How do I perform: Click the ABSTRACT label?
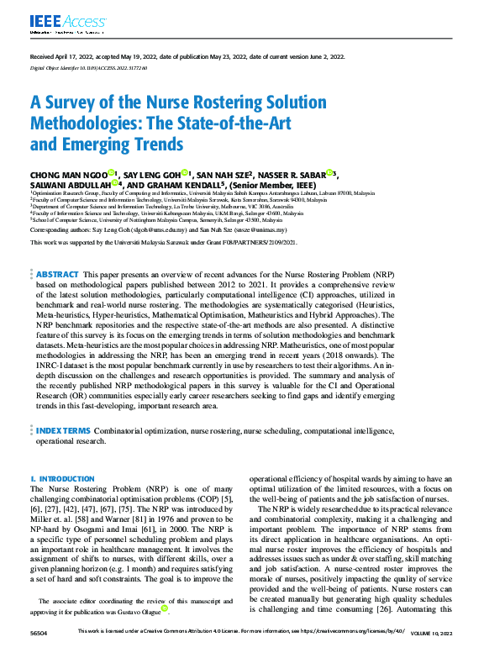58,274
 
